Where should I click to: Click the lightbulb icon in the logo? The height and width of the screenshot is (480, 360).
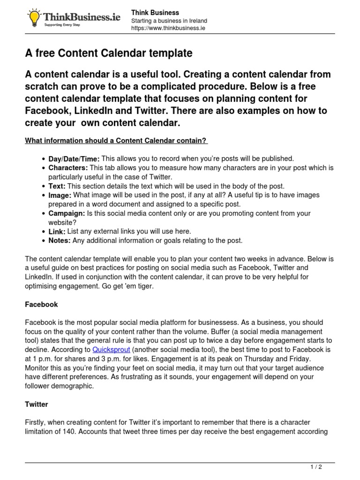[x=34, y=18]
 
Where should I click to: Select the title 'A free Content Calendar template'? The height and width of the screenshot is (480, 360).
[x=108, y=53]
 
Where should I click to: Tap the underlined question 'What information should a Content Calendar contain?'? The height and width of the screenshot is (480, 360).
[x=116, y=141]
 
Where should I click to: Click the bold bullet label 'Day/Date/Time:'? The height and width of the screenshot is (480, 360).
[x=74, y=159]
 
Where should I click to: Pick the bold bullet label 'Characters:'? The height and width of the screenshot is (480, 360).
[x=68, y=168]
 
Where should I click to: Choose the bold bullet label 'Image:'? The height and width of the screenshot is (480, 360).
[x=60, y=195]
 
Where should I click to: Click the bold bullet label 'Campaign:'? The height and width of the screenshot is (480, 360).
[x=67, y=213]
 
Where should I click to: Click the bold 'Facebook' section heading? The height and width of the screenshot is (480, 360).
[x=41, y=304]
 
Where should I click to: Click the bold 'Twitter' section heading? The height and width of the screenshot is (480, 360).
[x=37, y=404]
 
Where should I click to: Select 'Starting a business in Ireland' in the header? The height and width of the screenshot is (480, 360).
[x=169, y=21]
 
